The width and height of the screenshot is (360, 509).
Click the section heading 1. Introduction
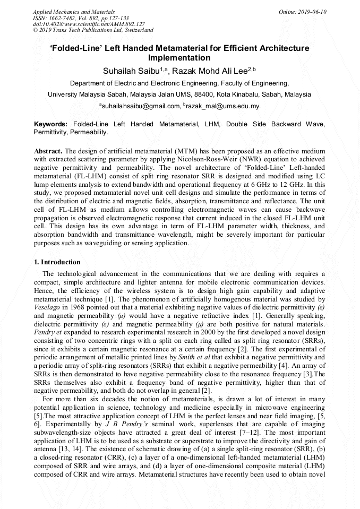pos(57,262)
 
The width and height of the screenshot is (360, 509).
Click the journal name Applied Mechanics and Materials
pos(74,12)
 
